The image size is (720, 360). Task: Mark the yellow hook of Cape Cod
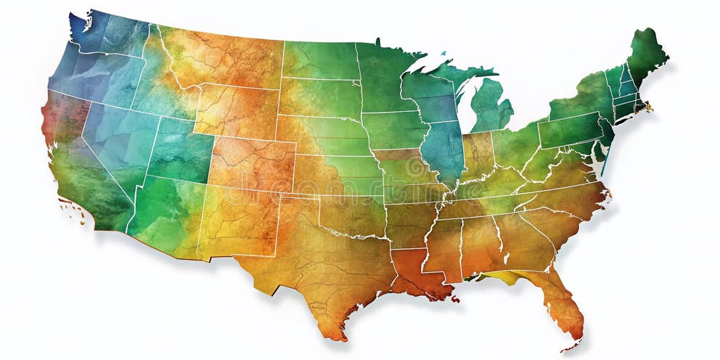647,107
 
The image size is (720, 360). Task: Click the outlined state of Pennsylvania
570,131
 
